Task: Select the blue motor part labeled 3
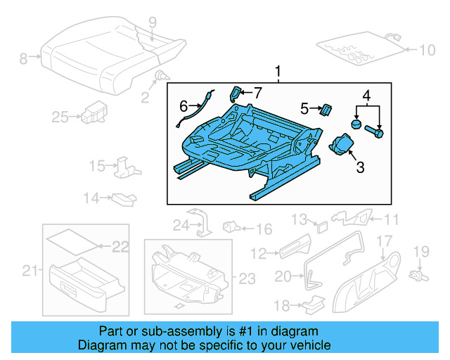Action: pos(342,144)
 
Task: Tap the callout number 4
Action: pos(366,95)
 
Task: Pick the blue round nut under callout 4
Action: pos(356,125)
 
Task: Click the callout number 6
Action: pos(184,106)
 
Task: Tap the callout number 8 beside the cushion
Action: pos(23,59)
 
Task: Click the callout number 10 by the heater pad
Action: pos(427,50)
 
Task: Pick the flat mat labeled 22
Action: pos(72,243)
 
